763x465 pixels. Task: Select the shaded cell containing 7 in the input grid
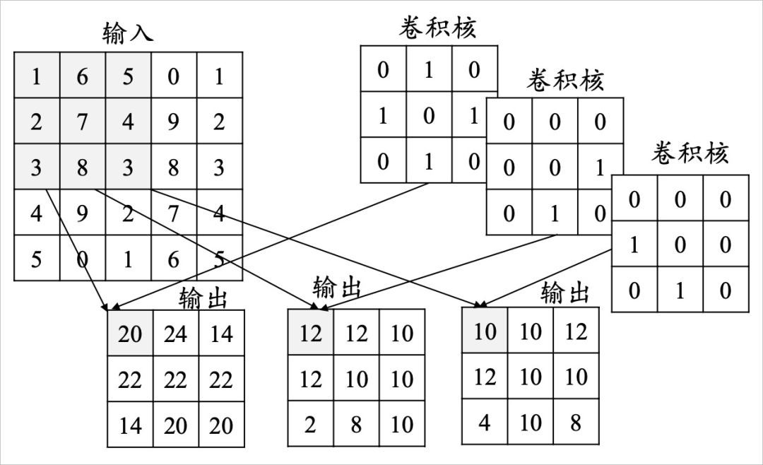[82, 122]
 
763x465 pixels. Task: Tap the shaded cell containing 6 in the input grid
[82, 76]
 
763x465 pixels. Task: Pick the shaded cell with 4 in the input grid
[127, 122]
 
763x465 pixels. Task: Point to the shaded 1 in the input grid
[36, 76]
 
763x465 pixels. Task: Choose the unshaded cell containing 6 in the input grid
[173, 259]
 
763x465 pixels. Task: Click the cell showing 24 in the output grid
[175, 333]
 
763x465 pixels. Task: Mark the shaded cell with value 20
[130, 333]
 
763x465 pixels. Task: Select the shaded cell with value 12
[310, 332]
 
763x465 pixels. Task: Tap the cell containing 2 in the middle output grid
[310, 424]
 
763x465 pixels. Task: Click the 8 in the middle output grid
[356, 424]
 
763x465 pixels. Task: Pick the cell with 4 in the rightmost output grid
[485, 422]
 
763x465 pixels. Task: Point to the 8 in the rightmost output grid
[576, 422]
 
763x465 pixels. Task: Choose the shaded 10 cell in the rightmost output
[485, 330]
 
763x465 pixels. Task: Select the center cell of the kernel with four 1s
[428, 115]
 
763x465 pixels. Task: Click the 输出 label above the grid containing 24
[203, 298]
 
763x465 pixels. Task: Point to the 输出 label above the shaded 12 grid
[337, 288]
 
